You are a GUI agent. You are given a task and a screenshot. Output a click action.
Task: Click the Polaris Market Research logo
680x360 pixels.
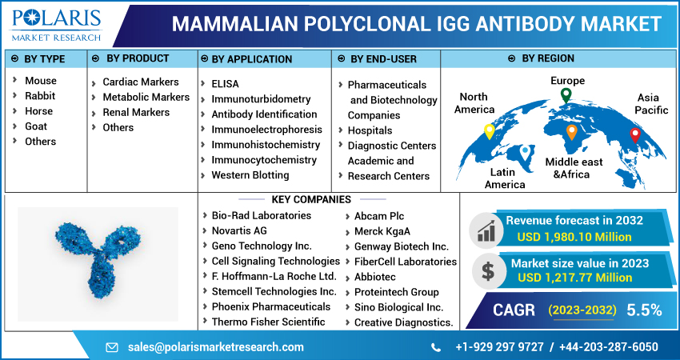(54, 25)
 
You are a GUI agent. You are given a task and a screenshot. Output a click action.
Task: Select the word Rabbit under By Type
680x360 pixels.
(40, 96)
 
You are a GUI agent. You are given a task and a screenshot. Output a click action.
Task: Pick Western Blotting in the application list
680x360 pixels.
(250, 175)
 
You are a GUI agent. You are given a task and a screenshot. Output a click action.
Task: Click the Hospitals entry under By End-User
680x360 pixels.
(370, 130)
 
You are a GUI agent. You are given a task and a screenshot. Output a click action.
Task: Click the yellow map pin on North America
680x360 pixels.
(489, 132)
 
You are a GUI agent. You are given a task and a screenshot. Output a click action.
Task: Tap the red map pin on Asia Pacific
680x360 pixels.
(635, 136)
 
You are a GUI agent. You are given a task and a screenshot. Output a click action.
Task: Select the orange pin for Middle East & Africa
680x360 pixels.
(571, 132)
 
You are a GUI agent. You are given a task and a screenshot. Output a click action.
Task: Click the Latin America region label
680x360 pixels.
(505, 178)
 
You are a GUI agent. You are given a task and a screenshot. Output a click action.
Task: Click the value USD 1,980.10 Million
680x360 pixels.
(574, 237)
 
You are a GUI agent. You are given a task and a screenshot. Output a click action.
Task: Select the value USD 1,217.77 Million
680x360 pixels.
(574, 278)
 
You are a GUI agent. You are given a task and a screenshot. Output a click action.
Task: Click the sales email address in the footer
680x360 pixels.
(216, 347)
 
